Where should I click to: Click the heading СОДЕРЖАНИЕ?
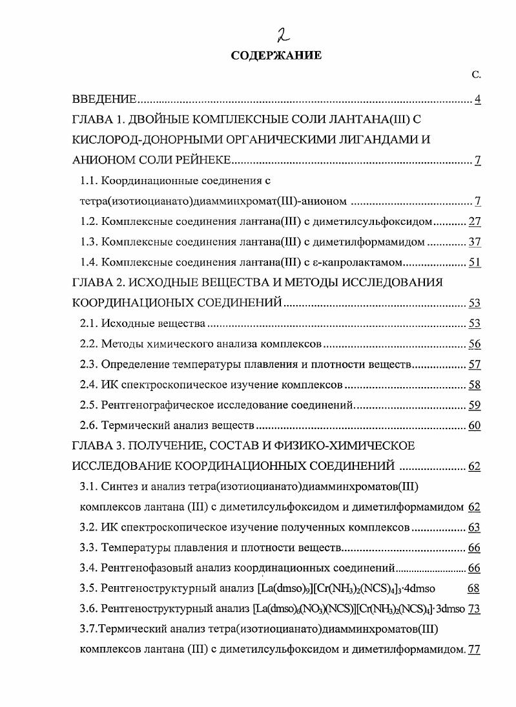(276, 56)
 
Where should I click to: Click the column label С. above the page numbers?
(476, 76)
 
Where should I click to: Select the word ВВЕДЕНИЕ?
(103, 100)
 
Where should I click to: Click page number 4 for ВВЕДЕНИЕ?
(477, 100)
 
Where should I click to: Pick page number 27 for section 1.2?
(475, 222)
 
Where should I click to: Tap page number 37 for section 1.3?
(475, 242)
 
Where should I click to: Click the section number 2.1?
(88, 323)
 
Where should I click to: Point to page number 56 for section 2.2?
(475, 344)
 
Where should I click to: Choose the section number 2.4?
(88, 385)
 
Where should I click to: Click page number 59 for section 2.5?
(475, 405)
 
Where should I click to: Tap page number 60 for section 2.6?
(475, 426)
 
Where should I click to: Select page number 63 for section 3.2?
(475, 527)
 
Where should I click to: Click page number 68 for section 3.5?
(475, 589)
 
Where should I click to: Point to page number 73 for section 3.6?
(475, 609)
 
